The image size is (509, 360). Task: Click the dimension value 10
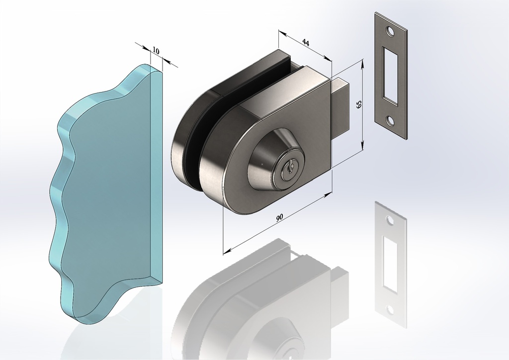pyautogui.click(x=156, y=51)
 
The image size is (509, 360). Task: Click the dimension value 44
pyautogui.click(x=306, y=42)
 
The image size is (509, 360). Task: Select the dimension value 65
pyautogui.click(x=359, y=104)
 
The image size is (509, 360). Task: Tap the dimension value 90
pyautogui.click(x=279, y=217)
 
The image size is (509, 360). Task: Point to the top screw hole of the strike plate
pyautogui.click(x=389, y=31)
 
